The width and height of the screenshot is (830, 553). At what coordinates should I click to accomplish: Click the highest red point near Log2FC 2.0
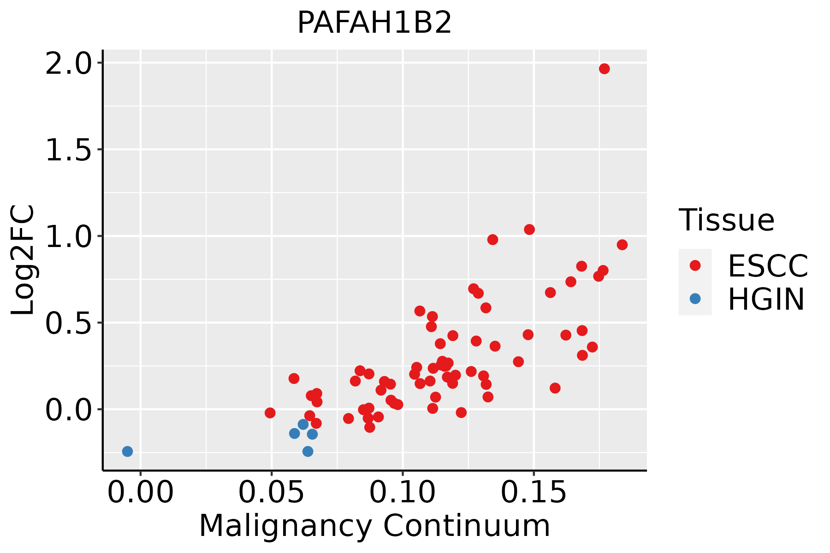[x=604, y=69]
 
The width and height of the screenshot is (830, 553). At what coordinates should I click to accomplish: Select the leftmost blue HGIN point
[x=127, y=451]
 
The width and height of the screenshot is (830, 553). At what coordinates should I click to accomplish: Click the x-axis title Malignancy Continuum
[x=374, y=526]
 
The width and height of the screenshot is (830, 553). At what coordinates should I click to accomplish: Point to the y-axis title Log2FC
[x=23, y=260]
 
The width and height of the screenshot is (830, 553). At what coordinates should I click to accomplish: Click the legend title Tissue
[x=727, y=220]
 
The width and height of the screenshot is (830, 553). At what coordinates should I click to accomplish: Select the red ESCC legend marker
[x=695, y=265]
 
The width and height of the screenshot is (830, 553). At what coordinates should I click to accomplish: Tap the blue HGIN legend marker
[x=695, y=299]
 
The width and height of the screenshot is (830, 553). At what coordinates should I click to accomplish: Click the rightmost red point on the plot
[x=622, y=245]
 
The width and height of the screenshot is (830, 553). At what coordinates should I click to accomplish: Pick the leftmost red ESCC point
[x=270, y=413]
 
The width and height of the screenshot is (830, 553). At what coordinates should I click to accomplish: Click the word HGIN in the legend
[x=766, y=299]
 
